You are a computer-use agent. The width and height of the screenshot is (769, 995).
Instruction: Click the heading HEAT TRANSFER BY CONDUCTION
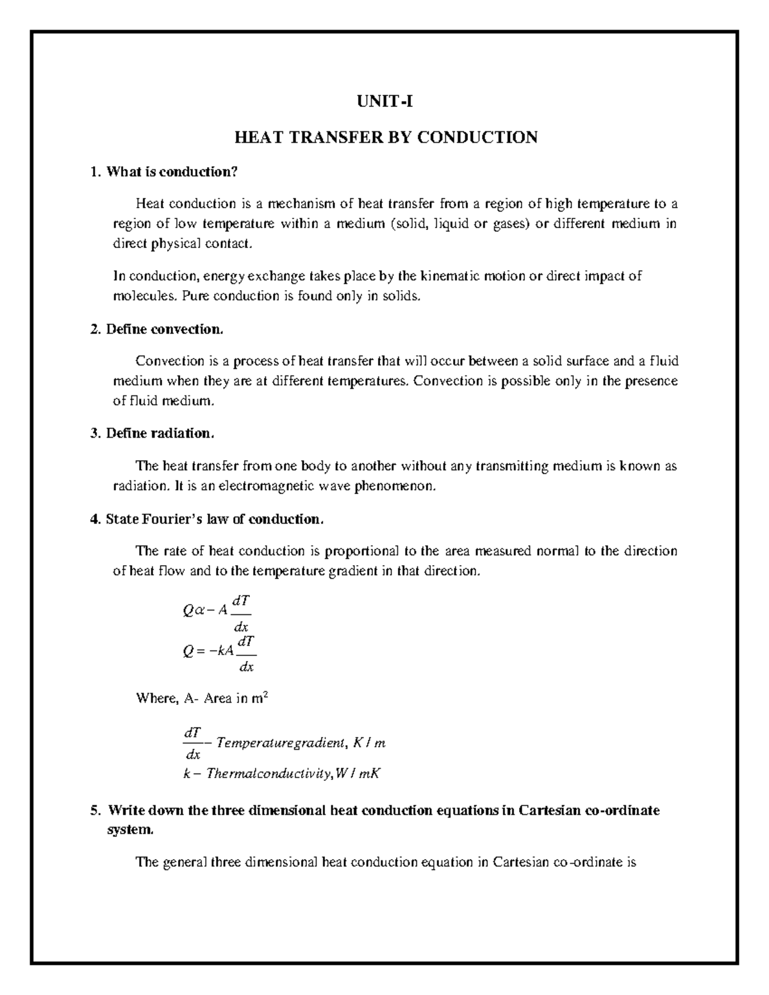coord(385,137)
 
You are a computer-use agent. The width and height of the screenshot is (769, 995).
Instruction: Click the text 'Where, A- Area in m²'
coord(201,699)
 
